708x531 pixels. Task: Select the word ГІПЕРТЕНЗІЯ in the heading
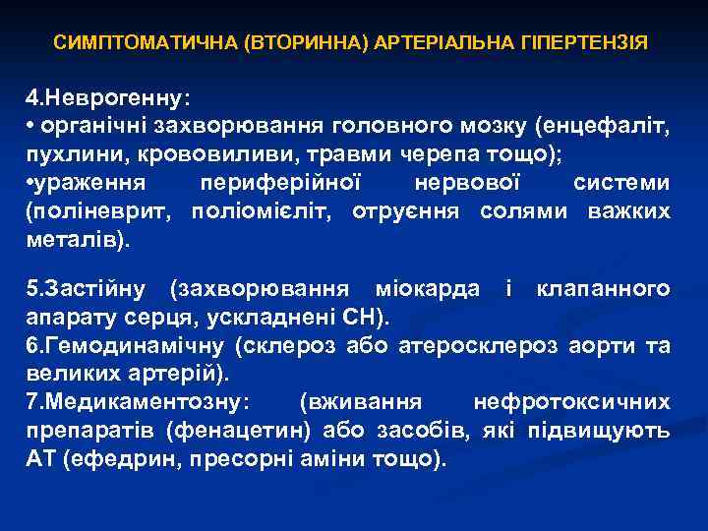pos(590,44)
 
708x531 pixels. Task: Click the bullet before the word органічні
pos(30,127)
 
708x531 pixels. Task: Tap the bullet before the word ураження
pos(30,182)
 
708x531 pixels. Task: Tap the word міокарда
pos(422,289)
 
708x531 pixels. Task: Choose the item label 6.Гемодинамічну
pos(124,345)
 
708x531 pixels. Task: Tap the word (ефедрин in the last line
pos(107,458)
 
